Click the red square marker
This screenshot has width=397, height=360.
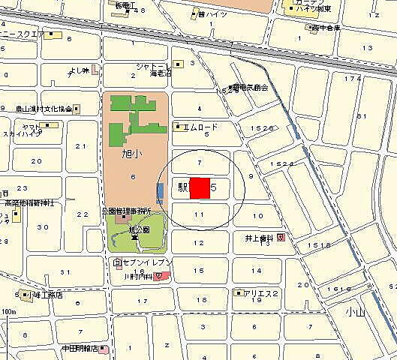pyautogui.click(x=200, y=187)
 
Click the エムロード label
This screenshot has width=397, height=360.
pyautogui.click(x=200, y=127)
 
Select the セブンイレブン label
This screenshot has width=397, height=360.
pyautogui.click(x=147, y=262)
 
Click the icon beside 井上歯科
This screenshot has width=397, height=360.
pyautogui.click(x=281, y=237)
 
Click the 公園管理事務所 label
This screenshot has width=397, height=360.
pyautogui.click(x=127, y=211)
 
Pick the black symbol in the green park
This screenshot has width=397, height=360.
pyautogui.click(x=135, y=237)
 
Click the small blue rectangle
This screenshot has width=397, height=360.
pyautogui.click(x=160, y=193)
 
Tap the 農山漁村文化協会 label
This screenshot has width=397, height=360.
pyautogui.click(x=44, y=109)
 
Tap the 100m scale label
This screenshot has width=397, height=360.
pyautogui.click(x=9, y=311)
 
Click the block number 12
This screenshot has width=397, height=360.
pyautogui.click(x=199, y=243)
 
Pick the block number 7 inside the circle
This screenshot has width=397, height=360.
pyautogui.click(x=199, y=162)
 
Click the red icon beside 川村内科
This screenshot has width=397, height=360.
pyautogui.click(x=161, y=276)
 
